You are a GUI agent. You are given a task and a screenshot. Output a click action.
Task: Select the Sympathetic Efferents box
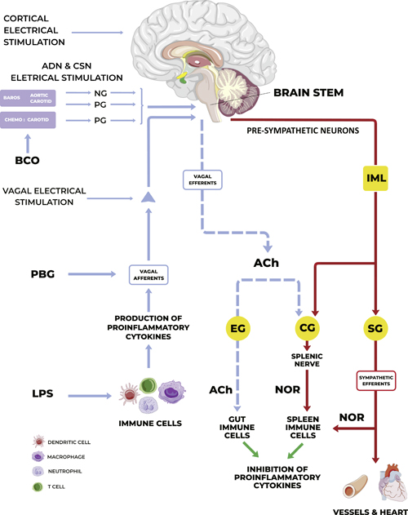tap(376, 381)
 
